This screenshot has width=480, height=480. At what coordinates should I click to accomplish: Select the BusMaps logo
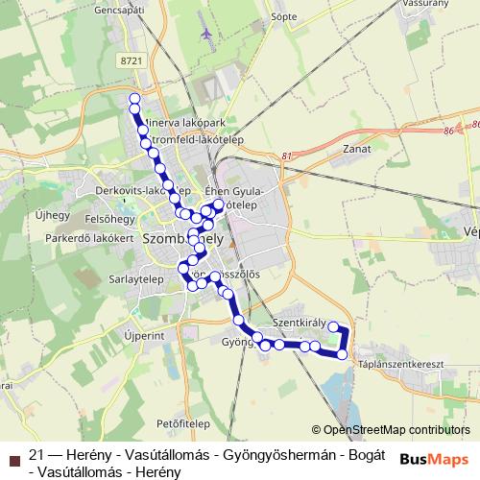coord(434,459)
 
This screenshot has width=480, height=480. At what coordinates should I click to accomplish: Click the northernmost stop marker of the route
coord(134,99)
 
